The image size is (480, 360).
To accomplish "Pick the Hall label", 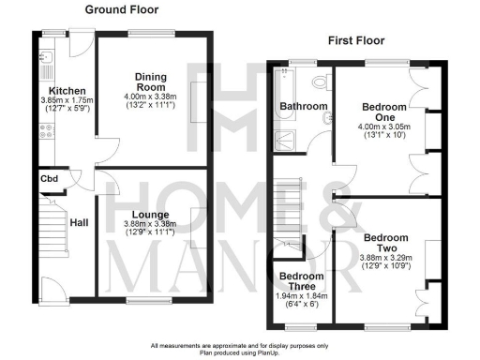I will [x=78, y=223].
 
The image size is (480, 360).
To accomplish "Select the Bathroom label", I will [x=303, y=107].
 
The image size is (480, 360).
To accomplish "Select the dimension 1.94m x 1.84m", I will [x=302, y=297].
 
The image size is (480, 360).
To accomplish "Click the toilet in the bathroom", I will [x=319, y=80].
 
